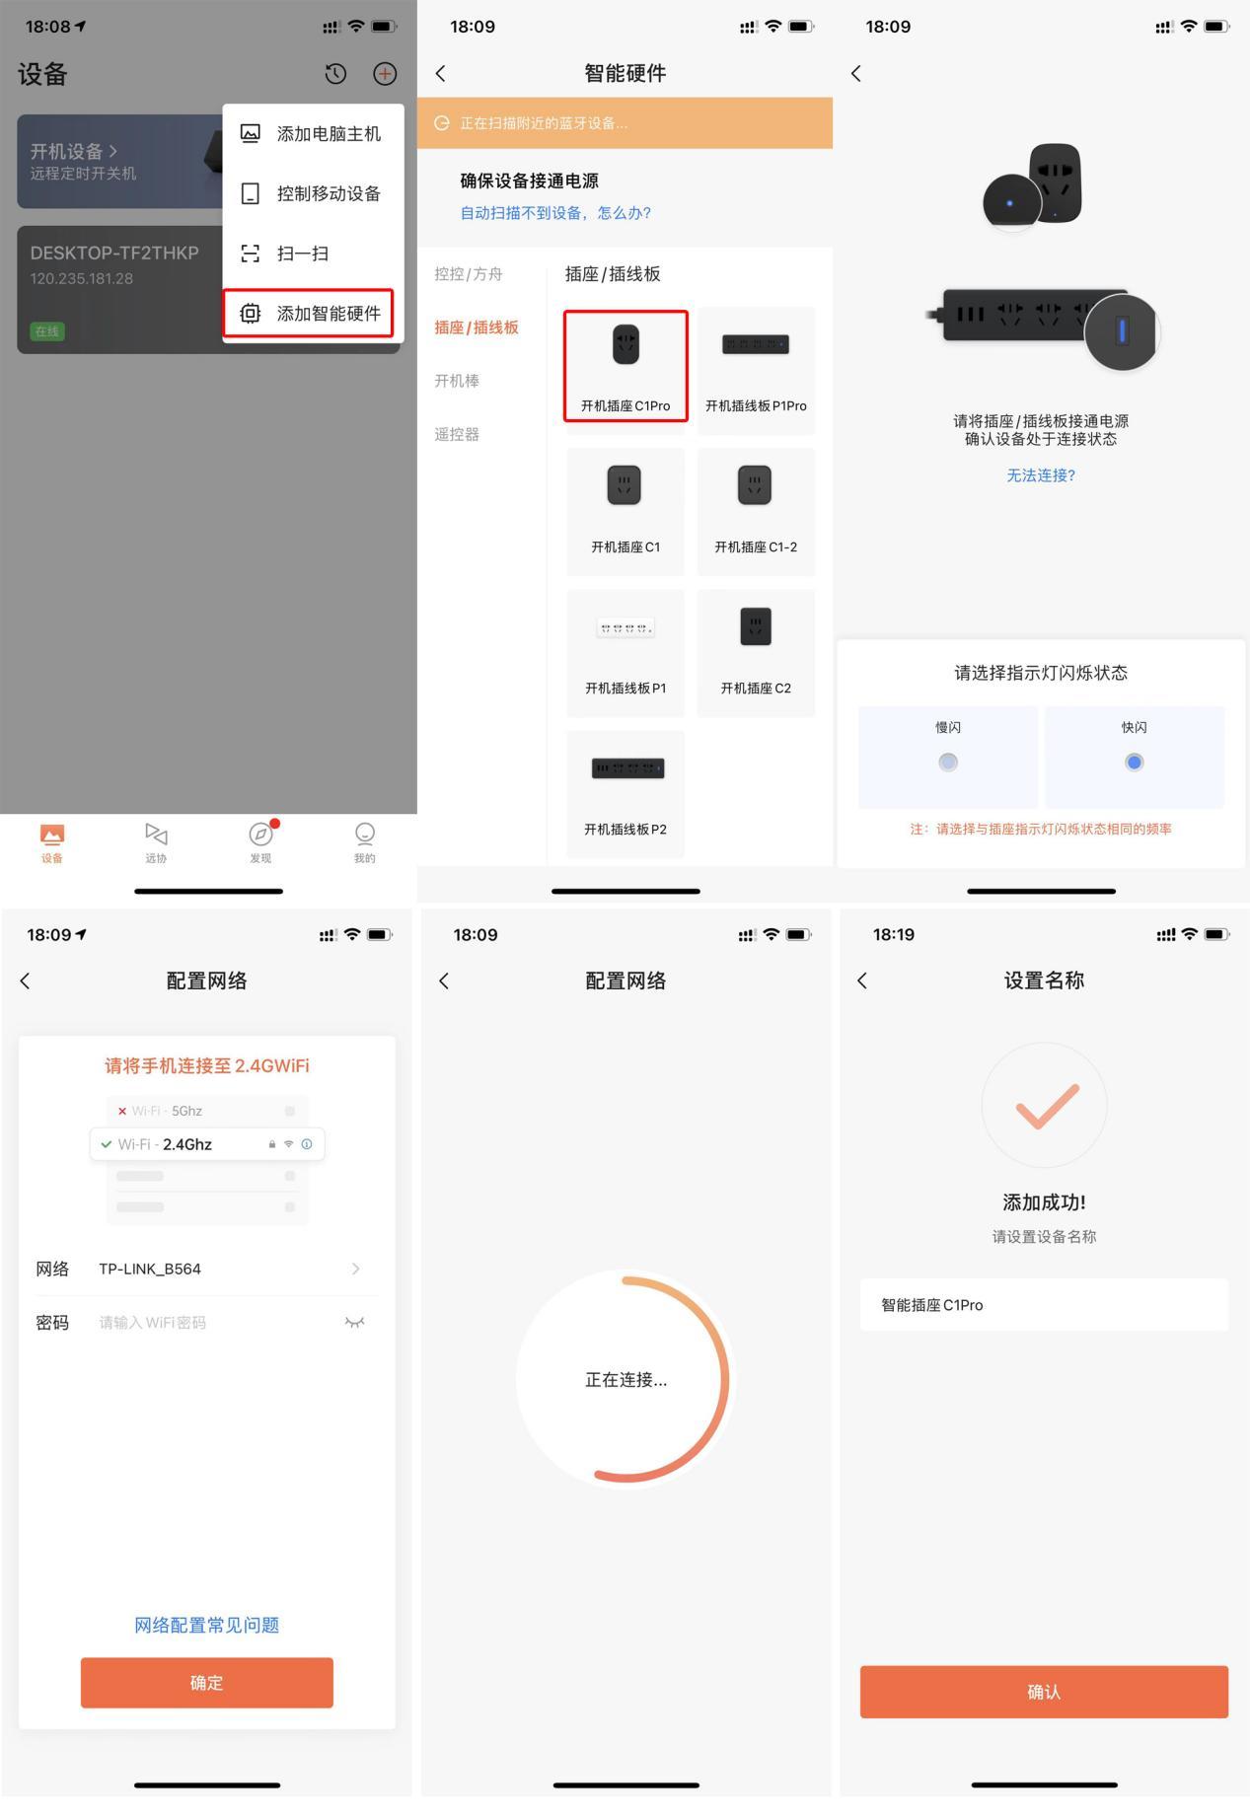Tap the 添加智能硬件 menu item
pyautogui.click(x=308, y=314)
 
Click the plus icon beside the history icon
pyautogui.click(x=385, y=74)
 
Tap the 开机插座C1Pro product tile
pyautogui.click(x=625, y=366)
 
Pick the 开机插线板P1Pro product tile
pyautogui.click(x=756, y=370)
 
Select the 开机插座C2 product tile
pyautogui.click(x=756, y=652)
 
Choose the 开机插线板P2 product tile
pyautogui.click(x=625, y=794)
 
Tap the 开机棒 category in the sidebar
pyautogui.click(x=457, y=381)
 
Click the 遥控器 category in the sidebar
pyautogui.click(x=457, y=434)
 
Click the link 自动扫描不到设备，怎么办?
pyautogui.click(x=555, y=213)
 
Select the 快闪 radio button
pyautogui.click(x=1134, y=763)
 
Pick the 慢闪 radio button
pyautogui.click(x=948, y=763)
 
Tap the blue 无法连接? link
pyautogui.click(x=1041, y=475)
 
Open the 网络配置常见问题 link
pyautogui.click(x=207, y=1626)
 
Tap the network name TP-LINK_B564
pyautogui.click(x=150, y=1270)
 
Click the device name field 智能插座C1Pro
pyautogui.click(x=1044, y=1305)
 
